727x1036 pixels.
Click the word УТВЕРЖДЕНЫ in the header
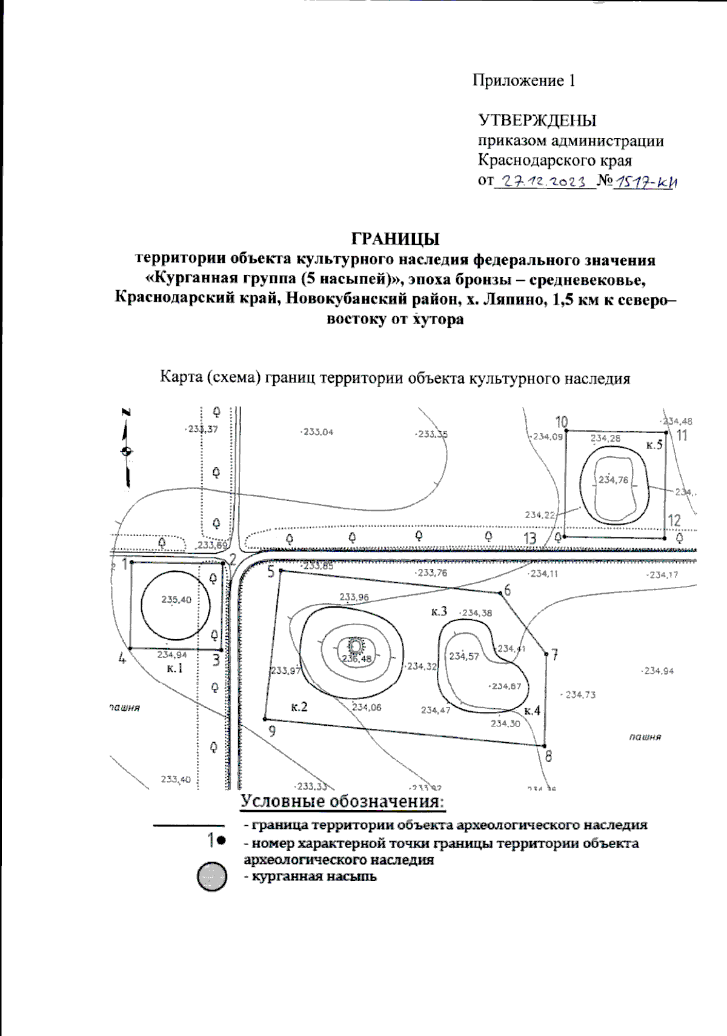(x=537, y=120)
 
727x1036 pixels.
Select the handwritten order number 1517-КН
(x=645, y=182)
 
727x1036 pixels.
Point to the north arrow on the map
(x=127, y=449)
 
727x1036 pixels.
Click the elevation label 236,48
(x=357, y=659)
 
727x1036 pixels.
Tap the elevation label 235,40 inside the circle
(x=176, y=600)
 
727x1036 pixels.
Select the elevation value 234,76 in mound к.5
(x=614, y=480)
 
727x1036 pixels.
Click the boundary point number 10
(x=562, y=422)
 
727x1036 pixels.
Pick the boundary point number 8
(x=549, y=756)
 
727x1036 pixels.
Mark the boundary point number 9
(x=272, y=731)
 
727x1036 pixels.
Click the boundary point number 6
(x=507, y=590)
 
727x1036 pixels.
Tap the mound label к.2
(x=299, y=706)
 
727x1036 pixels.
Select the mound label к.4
(x=532, y=711)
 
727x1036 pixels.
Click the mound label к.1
(x=174, y=668)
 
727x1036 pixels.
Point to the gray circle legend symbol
(x=212, y=877)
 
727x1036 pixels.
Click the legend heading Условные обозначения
(x=343, y=802)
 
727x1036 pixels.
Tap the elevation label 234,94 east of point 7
(x=659, y=671)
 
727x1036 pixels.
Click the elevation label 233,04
(x=317, y=432)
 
